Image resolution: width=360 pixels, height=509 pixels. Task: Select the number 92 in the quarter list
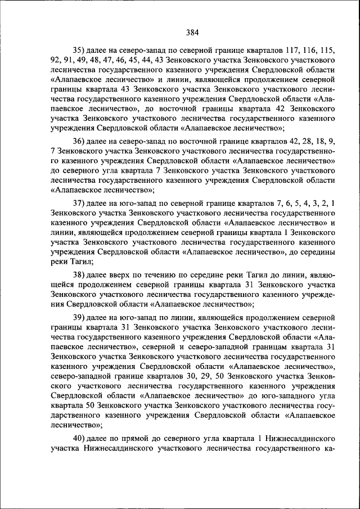pyautogui.click(x=56, y=58)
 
